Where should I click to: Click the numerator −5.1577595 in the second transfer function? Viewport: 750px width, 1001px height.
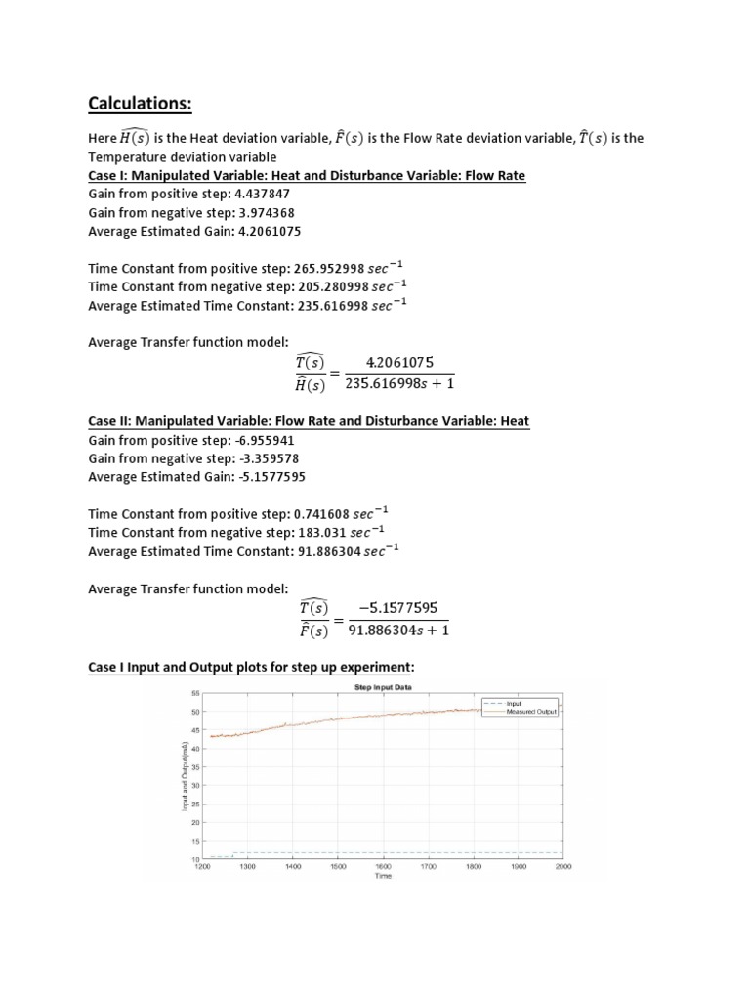(398, 607)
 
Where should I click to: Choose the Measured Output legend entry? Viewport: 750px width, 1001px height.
(531, 711)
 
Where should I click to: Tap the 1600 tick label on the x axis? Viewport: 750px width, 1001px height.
(383, 866)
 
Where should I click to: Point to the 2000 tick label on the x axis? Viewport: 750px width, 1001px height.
(562, 866)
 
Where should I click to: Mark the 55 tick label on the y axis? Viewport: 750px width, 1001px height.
(194, 693)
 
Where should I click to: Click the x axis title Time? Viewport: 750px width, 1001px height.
(383, 876)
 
